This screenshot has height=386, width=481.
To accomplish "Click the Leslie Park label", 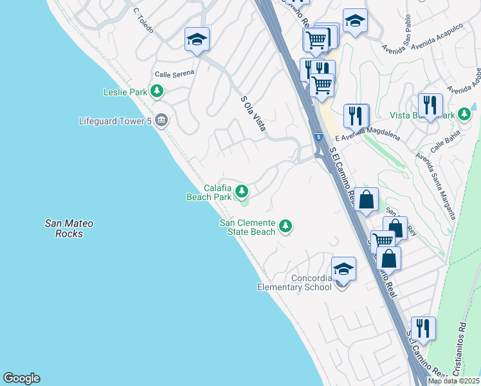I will click(x=125, y=92).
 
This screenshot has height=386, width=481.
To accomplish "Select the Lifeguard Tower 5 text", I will click(x=114, y=120).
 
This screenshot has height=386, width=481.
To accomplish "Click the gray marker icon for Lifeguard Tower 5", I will click(x=161, y=120).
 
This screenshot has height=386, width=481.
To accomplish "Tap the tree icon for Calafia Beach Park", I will click(x=242, y=191).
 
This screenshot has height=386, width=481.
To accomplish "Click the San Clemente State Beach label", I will click(x=248, y=227).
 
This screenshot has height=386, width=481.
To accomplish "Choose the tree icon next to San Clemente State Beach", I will click(x=286, y=226).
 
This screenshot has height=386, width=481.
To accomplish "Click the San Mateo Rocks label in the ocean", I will click(x=69, y=228).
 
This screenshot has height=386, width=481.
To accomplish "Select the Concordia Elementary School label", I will click(x=295, y=282).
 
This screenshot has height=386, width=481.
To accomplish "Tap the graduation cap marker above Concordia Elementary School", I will click(x=343, y=269).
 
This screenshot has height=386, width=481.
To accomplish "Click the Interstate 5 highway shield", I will click(x=319, y=137).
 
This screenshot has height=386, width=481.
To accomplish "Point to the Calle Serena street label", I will click(x=174, y=73).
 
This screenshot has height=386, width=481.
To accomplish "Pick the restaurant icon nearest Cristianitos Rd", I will click(x=422, y=328).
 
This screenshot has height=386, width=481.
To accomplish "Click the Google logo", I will click(x=21, y=378).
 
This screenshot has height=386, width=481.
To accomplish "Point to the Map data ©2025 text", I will click(x=453, y=381).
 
